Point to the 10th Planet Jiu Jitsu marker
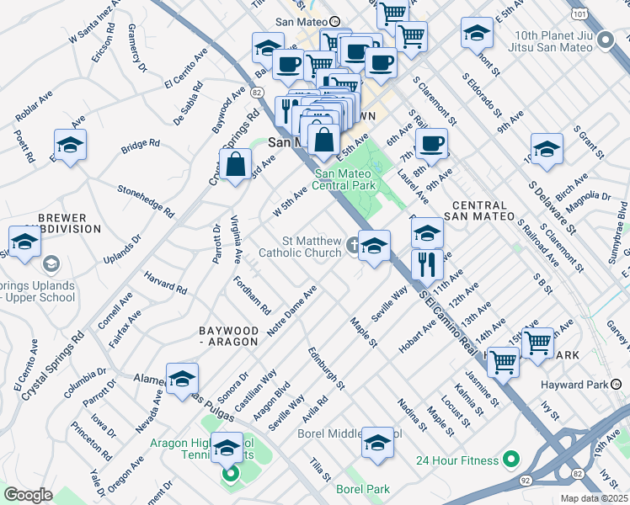pyautogui.click(x=605, y=40)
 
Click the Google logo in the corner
pyautogui.click(x=27, y=495)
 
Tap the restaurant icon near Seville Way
pyautogui.click(x=428, y=264)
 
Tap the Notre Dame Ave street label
pyautogui.click(x=291, y=313)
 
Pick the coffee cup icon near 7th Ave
pyautogui.click(x=431, y=142)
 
